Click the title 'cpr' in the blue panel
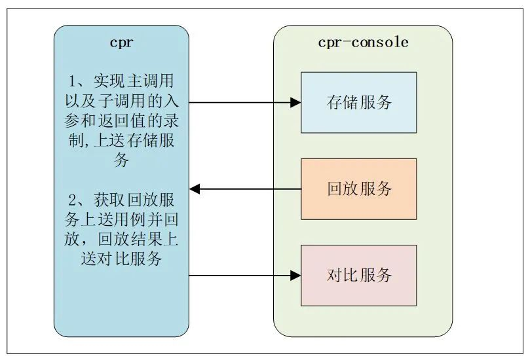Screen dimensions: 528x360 click(x=122, y=43)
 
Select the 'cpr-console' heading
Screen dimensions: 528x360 click(x=363, y=43)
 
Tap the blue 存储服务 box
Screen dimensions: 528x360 click(x=358, y=102)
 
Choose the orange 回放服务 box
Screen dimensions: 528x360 click(x=358, y=189)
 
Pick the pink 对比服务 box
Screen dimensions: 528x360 click(x=358, y=276)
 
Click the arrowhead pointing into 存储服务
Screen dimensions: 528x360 click(x=295, y=102)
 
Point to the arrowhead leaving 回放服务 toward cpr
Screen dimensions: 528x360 click(x=195, y=189)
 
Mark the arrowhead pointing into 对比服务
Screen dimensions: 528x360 click(x=295, y=276)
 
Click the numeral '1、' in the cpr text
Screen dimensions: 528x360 click(x=78, y=81)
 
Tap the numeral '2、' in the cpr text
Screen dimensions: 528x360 click(x=78, y=200)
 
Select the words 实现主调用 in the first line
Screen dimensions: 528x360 click(x=134, y=81)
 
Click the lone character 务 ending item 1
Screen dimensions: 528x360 click(x=121, y=159)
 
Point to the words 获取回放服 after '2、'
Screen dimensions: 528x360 click(x=134, y=200)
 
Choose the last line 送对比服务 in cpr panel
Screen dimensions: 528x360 click(x=121, y=259)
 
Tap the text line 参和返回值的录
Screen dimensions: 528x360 click(x=121, y=120)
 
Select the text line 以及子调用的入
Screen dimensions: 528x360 click(x=121, y=101)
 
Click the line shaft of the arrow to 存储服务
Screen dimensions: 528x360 click(x=240, y=102)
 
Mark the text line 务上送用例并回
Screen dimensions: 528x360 click(x=121, y=220)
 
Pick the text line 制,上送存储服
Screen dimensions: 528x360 click(x=121, y=140)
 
